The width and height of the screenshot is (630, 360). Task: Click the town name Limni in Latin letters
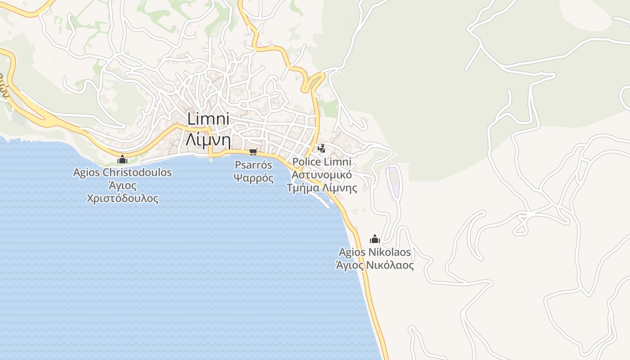(x=208, y=120)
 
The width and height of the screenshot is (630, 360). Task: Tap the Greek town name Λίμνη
(x=208, y=140)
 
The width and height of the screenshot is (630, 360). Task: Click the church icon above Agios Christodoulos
(x=122, y=159)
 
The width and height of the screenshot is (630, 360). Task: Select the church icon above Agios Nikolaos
(x=375, y=239)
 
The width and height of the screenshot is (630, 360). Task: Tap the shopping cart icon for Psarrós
(x=253, y=152)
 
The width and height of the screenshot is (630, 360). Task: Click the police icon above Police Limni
(x=321, y=148)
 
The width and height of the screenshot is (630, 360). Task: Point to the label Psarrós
(x=253, y=165)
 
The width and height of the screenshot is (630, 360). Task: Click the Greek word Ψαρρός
(x=253, y=178)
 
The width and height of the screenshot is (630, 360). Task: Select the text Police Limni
(x=322, y=162)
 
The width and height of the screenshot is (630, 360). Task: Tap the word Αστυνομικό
(x=322, y=175)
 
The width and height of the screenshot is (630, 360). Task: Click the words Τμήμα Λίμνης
(x=322, y=188)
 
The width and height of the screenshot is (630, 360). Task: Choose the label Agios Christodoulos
(x=122, y=172)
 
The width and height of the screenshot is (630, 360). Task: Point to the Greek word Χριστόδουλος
(x=122, y=198)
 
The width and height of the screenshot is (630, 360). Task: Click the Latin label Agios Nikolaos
(x=375, y=252)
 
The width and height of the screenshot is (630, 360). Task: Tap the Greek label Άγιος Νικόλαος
(x=375, y=265)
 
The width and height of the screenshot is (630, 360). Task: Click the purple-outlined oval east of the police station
(x=392, y=183)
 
